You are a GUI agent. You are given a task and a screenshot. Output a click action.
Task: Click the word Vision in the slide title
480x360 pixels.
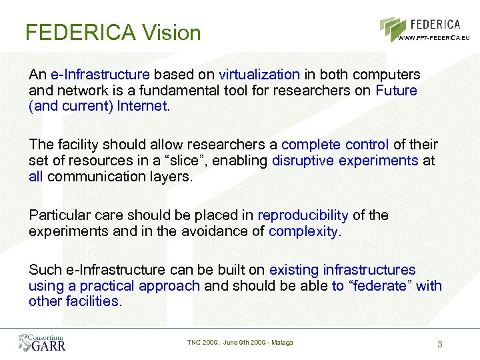[171, 32]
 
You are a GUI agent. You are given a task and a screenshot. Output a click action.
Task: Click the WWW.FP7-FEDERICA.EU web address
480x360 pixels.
[434, 38]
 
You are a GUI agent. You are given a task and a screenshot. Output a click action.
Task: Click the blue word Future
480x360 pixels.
[396, 89]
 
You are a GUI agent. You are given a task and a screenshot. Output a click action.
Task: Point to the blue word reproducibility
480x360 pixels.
[303, 215]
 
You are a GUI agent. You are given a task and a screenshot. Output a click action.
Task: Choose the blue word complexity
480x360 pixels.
[303, 231]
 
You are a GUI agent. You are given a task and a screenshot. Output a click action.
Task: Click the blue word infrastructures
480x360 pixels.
[369, 269]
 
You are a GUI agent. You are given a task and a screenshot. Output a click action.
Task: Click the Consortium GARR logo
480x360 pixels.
[42, 342]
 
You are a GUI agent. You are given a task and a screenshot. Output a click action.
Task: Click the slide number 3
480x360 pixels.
[439, 344]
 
